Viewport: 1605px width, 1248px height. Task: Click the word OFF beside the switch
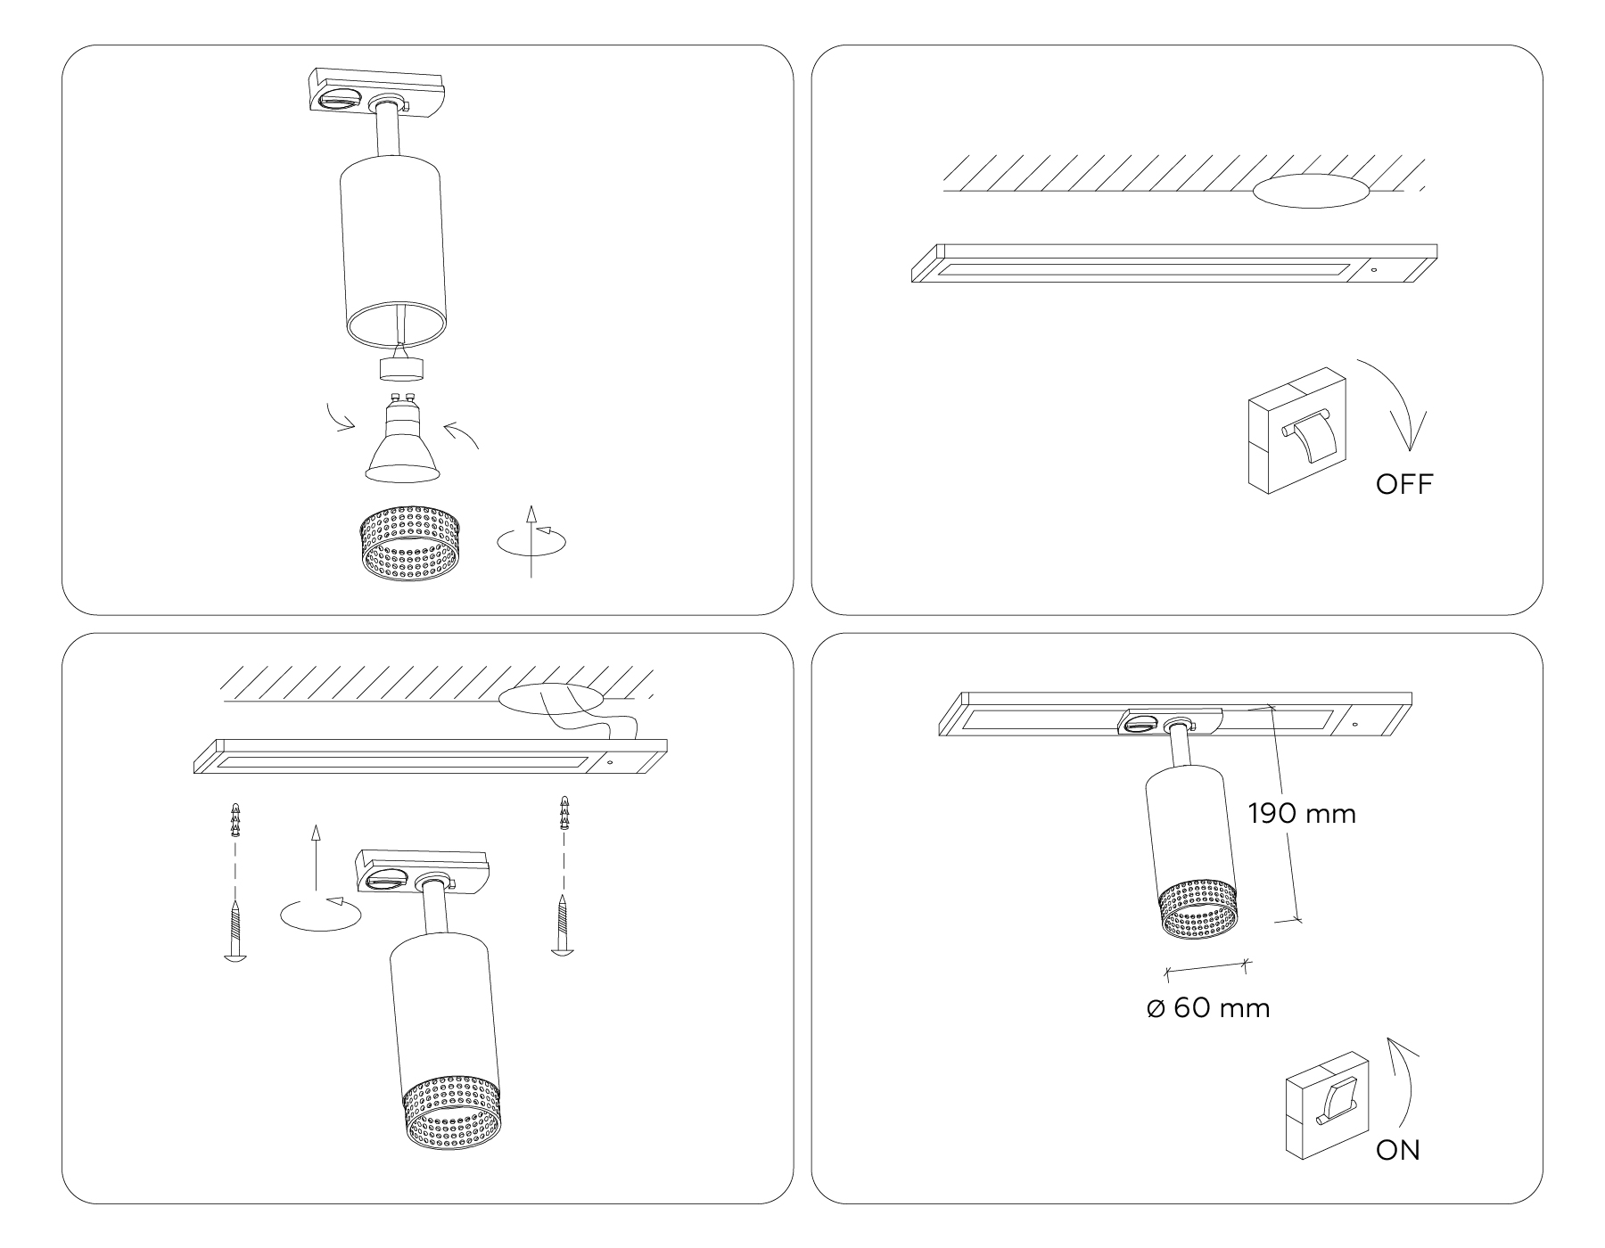coord(1403,485)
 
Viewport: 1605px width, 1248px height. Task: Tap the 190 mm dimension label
coord(1302,814)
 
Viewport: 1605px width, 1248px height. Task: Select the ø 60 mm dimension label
coord(1208,1008)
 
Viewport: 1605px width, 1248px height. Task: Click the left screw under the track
coord(235,932)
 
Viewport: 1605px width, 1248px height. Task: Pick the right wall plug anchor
coord(564,813)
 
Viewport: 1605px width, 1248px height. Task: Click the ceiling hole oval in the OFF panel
coord(1310,191)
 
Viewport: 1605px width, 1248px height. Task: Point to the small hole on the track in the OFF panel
coord(1373,270)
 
